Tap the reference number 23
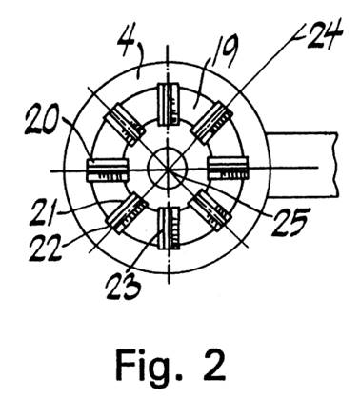tap(123, 286)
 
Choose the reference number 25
tap(290, 223)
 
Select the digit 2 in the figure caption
tap(213, 365)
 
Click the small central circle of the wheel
tap(168, 166)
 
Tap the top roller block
tap(169, 105)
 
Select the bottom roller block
tap(169, 228)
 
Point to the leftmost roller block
tap(108, 170)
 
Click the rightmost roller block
tap(228, 169)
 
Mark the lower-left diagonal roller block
tap(128, 213)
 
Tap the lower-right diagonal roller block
tap(209, 209)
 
